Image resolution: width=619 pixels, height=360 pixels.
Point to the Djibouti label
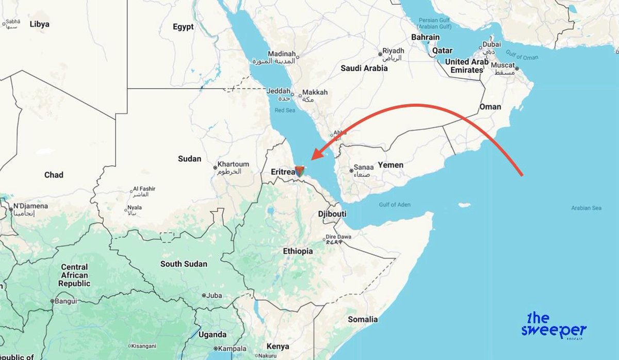[x=332, y=214]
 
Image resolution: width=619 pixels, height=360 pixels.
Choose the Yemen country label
[x=390, y=165]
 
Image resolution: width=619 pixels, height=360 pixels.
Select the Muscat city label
[x=502, y=66]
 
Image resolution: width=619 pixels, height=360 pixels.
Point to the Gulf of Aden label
[x=394, y=205]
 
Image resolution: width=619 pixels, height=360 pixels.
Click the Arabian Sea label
[x=587, y=208]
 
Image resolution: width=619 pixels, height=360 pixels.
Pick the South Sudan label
[x=184, y=264]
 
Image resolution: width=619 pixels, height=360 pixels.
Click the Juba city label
[x=214, y=296]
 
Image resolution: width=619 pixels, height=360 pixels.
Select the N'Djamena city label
[x=30, y=206]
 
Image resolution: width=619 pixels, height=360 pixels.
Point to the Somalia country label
[x=363, y=319]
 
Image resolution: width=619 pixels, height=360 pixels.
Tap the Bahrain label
[x=426, y=37]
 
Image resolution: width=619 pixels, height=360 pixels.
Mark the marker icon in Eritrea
[x=299, y=171]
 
